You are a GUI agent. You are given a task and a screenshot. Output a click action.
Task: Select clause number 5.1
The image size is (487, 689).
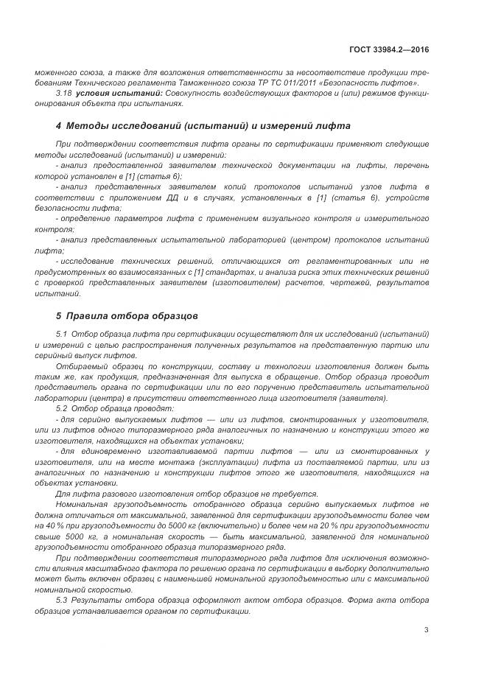coord(63,334)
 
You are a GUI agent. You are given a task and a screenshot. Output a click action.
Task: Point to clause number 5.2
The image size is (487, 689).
coord(63,408)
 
